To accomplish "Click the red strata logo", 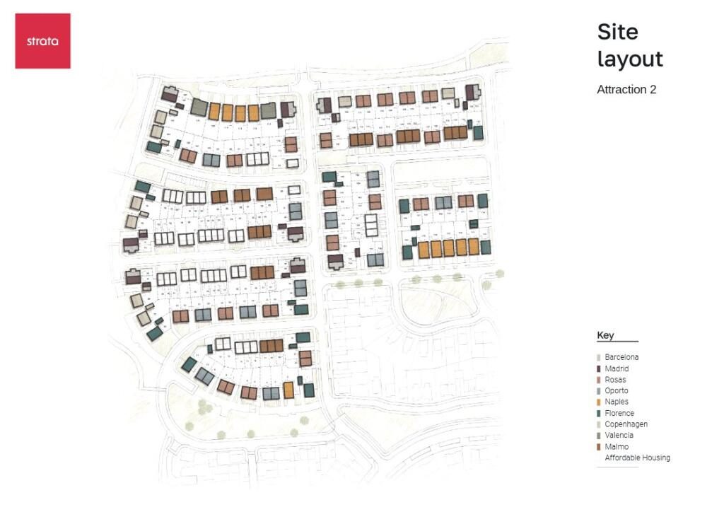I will (x=42, y=40).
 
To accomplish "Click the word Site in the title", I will (x=617, y=32).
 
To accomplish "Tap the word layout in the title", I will (x=630, y=59).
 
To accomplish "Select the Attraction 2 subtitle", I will (x=626, y=90).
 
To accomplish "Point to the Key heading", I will (x=605, y=335).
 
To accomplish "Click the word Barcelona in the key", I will (x=621, y=357).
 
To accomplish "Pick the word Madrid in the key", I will (x=617, y=368).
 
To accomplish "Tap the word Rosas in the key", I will (x=615, y=380).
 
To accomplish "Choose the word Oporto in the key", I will (x=617, y=390).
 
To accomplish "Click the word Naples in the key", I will (x=617, y=402).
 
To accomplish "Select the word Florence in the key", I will (x=619, y=413).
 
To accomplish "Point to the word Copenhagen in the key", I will (x=626, y=424).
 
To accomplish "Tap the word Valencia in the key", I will (x=619, y=435).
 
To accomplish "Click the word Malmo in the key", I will (x=617, y=446).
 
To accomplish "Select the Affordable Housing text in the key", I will (x=637, y=458).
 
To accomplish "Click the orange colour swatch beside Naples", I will (x=599, y=402).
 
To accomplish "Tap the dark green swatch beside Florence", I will (x=599, y=413).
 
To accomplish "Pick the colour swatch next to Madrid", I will (x=599, y=368).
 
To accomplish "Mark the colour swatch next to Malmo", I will (x=599, y=446).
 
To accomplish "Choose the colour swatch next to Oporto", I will (x=599, y=390).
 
